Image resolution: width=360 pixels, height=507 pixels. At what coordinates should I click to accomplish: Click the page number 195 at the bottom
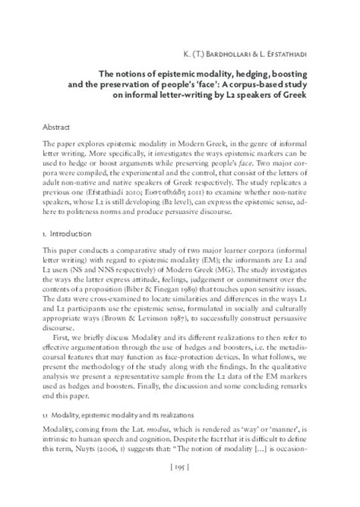(180, 488)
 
